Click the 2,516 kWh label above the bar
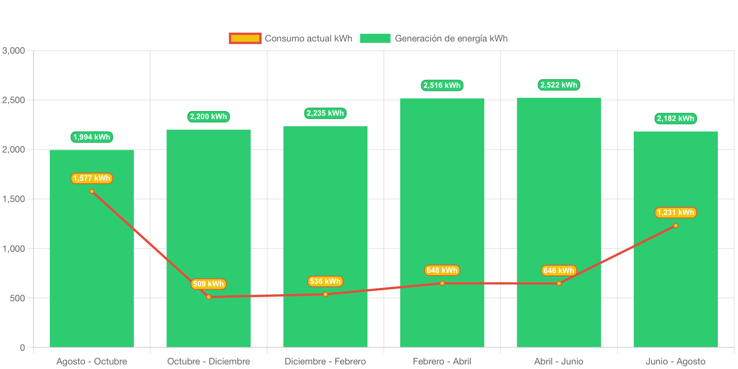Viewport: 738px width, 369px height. pos(442,85)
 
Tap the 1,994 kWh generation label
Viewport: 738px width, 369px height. pos(92,137)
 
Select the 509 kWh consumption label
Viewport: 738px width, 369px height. pos(208,284)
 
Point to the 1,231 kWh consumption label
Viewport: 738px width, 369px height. pos(675,212)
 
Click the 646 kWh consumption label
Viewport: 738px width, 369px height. pos(559,270)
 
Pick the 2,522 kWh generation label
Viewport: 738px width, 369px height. pos(559,85)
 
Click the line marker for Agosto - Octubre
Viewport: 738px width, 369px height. pos(92,191)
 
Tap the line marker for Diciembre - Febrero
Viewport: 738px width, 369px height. pos(325,294)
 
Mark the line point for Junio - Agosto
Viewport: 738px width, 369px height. pos(676,226)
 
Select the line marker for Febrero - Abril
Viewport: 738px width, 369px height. pos(442,283)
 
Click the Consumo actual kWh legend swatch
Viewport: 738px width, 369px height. pos(245,38)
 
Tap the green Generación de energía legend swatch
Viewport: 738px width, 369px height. pos(375,38)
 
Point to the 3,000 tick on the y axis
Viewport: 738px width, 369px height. pos(14,51)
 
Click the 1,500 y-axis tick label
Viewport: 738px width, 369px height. pos(14,199)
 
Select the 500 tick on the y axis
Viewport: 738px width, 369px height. pos(17,298)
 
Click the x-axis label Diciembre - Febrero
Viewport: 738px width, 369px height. pos(325,361)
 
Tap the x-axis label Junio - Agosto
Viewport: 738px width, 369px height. pos(675,361)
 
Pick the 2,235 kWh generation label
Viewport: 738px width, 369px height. pos(325,113)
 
